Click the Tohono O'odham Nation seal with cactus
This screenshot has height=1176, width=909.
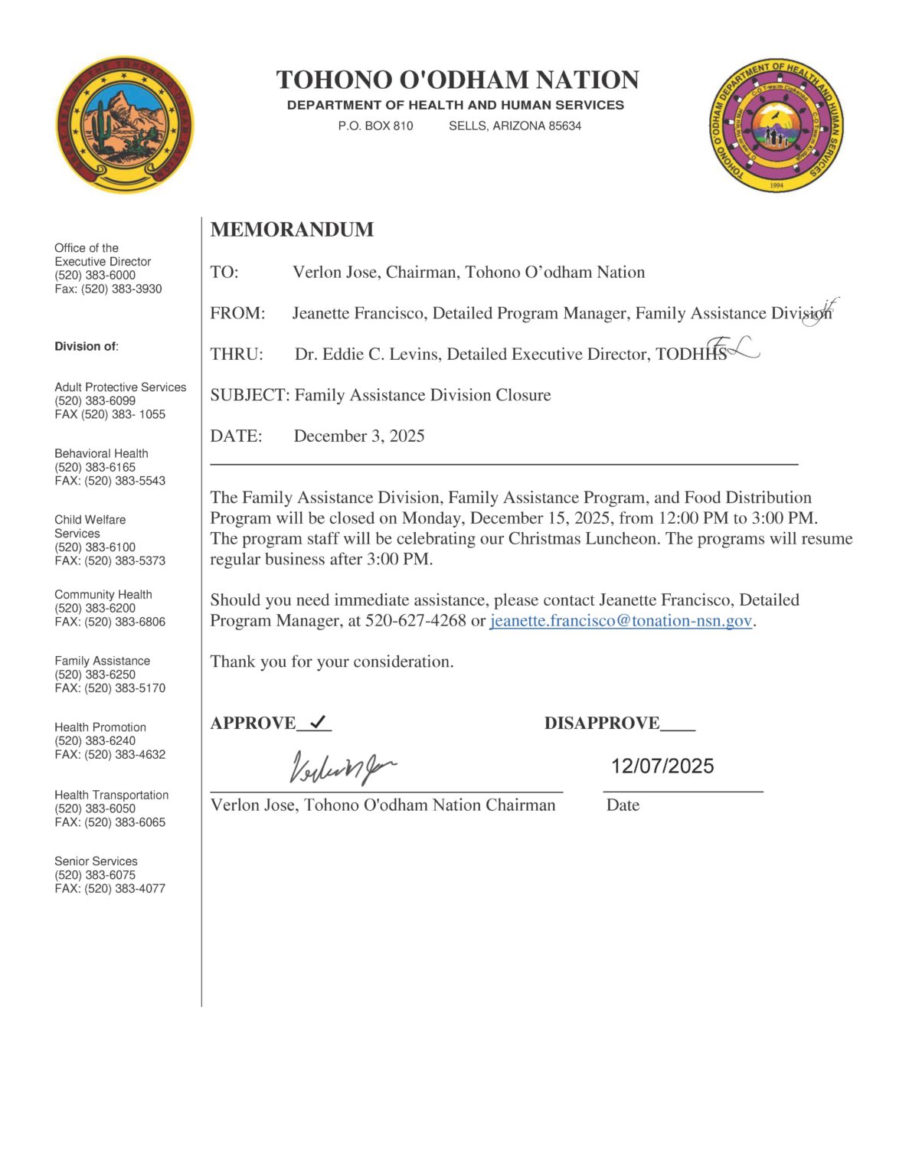tap(125, 124)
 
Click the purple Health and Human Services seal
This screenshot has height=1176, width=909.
tap(776, 126)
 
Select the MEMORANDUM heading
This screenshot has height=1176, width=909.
tap(292, 230)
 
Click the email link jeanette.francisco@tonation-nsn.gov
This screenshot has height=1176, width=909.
tap(621, 621)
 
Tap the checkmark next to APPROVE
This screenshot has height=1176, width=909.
tap(318, 721)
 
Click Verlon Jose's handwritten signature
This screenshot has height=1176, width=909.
tap(342, 767)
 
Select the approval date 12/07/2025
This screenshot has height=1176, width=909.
tap(662, 766)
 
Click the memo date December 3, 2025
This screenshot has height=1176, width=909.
tap(359, 436)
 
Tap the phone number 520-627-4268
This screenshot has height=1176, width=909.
tap(415, 621)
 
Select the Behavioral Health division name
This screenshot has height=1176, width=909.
tap(101, 453)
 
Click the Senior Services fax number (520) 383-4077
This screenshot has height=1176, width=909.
tap(125, 889)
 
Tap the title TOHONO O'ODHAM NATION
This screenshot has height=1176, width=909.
tap(457, 80)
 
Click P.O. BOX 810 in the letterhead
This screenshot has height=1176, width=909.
tap(375, 126)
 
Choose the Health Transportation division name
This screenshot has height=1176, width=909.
tap(111, 795)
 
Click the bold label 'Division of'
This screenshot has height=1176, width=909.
tap(86, 347)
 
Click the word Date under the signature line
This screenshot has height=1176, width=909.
tap(623, 805)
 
